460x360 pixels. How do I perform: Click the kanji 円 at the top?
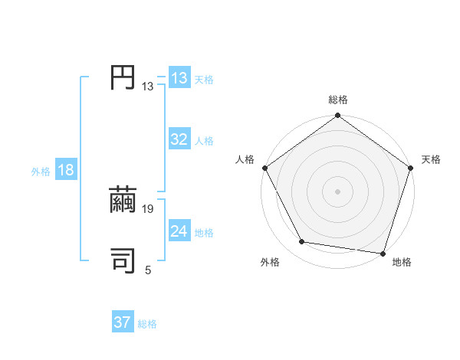click(123, 78)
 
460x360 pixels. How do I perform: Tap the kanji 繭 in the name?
click(123, 200)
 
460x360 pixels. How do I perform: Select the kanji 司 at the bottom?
click(123, 260)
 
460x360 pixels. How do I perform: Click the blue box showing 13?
click(179, 78)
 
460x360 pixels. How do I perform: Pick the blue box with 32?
click(179, 139)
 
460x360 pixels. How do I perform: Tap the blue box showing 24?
click(179, 231)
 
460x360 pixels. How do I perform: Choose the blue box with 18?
click(66, 170)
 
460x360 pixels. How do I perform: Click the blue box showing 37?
click(123, 322)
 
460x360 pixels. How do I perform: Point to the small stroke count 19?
click(149, 208)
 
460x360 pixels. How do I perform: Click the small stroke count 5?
click(148, 270)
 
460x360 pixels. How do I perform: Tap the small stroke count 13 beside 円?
click(148, 87)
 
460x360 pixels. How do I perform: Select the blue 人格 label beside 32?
click(204, 141)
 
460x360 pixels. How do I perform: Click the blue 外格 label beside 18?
click(41, 172)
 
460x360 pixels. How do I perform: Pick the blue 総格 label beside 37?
click(147, 324)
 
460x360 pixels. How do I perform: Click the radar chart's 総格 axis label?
click(338, 100)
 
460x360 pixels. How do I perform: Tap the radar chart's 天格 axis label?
click(431, 159)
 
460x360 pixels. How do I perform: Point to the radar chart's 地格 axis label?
click(402, 262)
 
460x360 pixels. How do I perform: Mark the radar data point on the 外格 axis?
click(302, 242)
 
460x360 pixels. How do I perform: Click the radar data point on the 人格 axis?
click(264, 168)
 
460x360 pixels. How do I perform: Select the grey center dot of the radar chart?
click(338, 191)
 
